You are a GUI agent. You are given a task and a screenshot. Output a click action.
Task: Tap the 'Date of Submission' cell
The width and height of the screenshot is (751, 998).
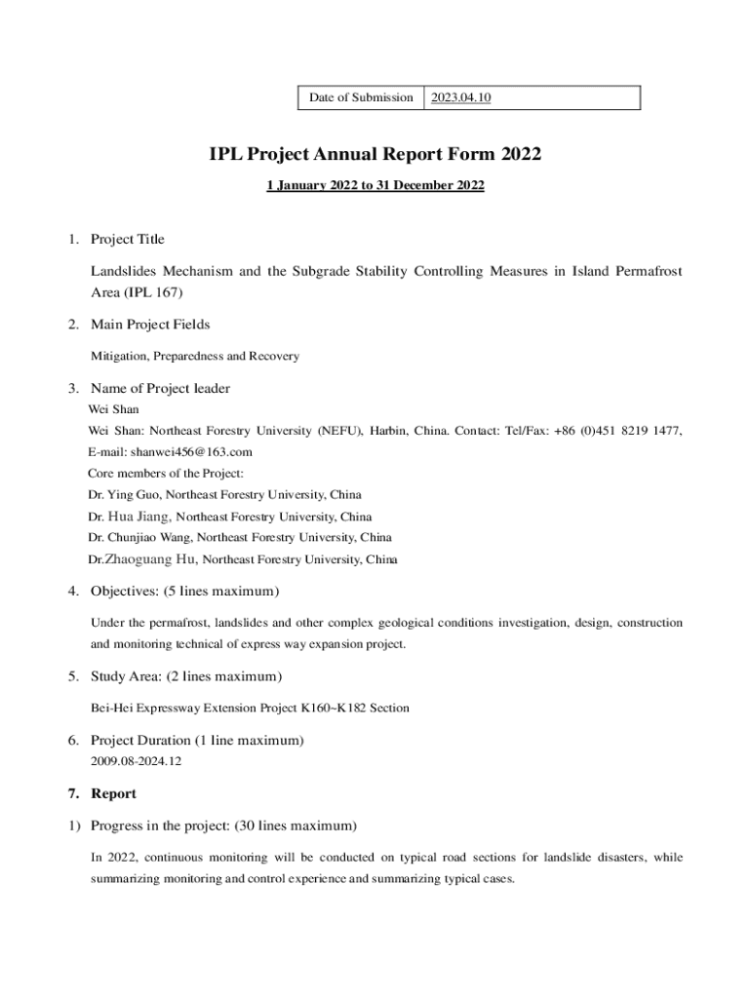(361, 97)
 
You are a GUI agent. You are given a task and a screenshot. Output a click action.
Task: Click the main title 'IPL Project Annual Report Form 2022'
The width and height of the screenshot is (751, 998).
(375, 154)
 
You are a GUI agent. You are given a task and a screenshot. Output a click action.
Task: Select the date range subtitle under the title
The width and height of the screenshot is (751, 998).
(375, 184)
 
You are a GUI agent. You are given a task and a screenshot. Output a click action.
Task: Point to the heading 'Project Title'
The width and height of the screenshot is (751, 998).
(128, 240)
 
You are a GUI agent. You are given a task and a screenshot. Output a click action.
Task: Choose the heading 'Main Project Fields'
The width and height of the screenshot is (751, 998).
(150, 325)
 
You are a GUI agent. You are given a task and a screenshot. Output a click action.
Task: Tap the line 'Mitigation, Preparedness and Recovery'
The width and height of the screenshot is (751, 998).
(195, 357)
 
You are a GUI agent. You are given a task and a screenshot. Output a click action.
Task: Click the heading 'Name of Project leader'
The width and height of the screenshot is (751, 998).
(160, 389)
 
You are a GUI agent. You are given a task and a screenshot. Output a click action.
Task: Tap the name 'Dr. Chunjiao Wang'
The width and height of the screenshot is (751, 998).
(138, 538)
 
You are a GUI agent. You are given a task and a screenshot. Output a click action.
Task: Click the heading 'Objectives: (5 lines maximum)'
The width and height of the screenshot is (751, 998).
(185, 592)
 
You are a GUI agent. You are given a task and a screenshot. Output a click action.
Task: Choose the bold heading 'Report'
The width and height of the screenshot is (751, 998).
(113, 793)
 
